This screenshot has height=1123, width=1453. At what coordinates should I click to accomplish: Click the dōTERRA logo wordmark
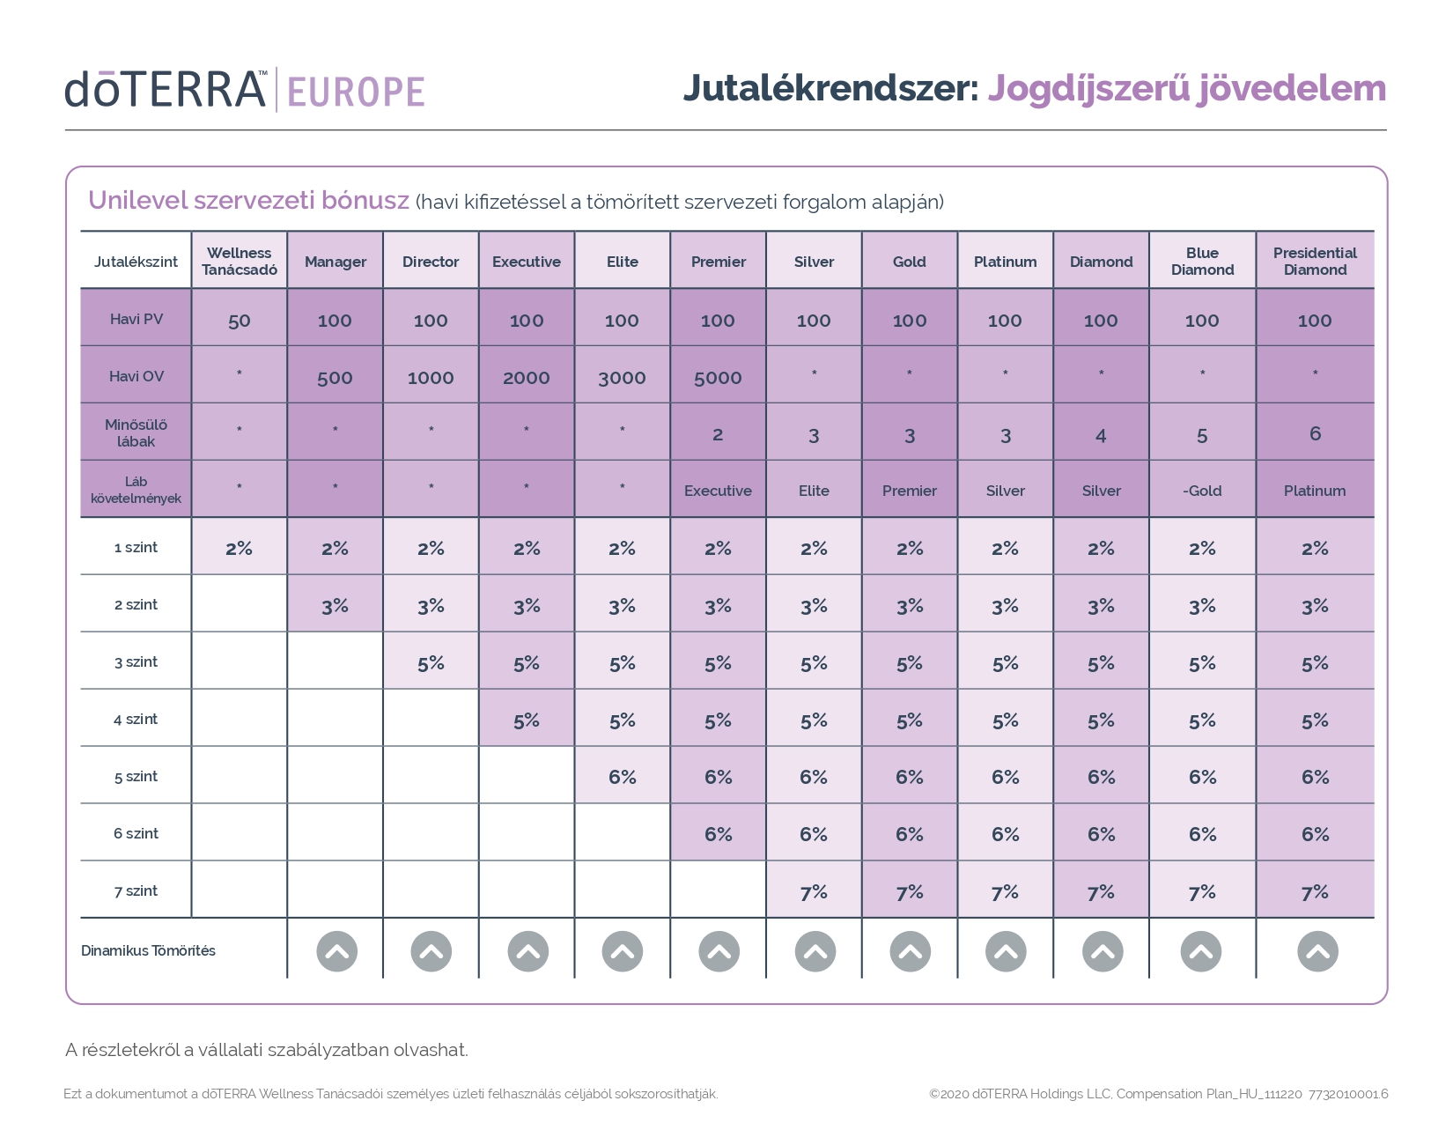click(166, 90)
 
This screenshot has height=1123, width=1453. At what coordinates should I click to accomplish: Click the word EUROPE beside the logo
click(356, 92)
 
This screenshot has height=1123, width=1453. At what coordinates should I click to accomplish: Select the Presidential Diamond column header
click(1315, 261)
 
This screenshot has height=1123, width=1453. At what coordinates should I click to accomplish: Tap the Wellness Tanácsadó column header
click(240, 261)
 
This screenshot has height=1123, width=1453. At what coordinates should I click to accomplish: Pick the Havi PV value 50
click(240, 321)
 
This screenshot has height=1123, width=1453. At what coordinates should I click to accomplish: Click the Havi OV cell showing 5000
click(718, 378)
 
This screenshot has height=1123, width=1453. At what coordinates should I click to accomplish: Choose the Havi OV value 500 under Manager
click(335, 378)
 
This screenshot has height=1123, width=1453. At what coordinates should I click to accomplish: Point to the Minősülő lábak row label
click(136, 432)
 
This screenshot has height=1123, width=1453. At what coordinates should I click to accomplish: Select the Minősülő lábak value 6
click(1315, 433)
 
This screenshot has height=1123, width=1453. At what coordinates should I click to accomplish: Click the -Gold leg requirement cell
click(1202, 491)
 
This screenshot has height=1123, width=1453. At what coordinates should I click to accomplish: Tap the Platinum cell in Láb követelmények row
click(1315, 491)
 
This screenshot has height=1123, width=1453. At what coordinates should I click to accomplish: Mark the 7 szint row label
click(136, 890)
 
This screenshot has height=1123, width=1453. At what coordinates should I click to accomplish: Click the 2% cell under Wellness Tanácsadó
click(240, 549)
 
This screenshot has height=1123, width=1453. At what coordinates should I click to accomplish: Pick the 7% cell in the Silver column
click(814, 892)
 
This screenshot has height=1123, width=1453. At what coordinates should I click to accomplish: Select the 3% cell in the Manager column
click(335, 606)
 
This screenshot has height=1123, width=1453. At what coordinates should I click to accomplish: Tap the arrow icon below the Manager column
click(336, 951)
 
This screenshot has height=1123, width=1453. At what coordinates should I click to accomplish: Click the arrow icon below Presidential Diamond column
click(1317, 951)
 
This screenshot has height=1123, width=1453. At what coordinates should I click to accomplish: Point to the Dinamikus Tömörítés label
click(148, 950)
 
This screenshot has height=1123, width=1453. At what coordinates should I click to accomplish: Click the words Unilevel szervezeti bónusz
click(248, 201)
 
